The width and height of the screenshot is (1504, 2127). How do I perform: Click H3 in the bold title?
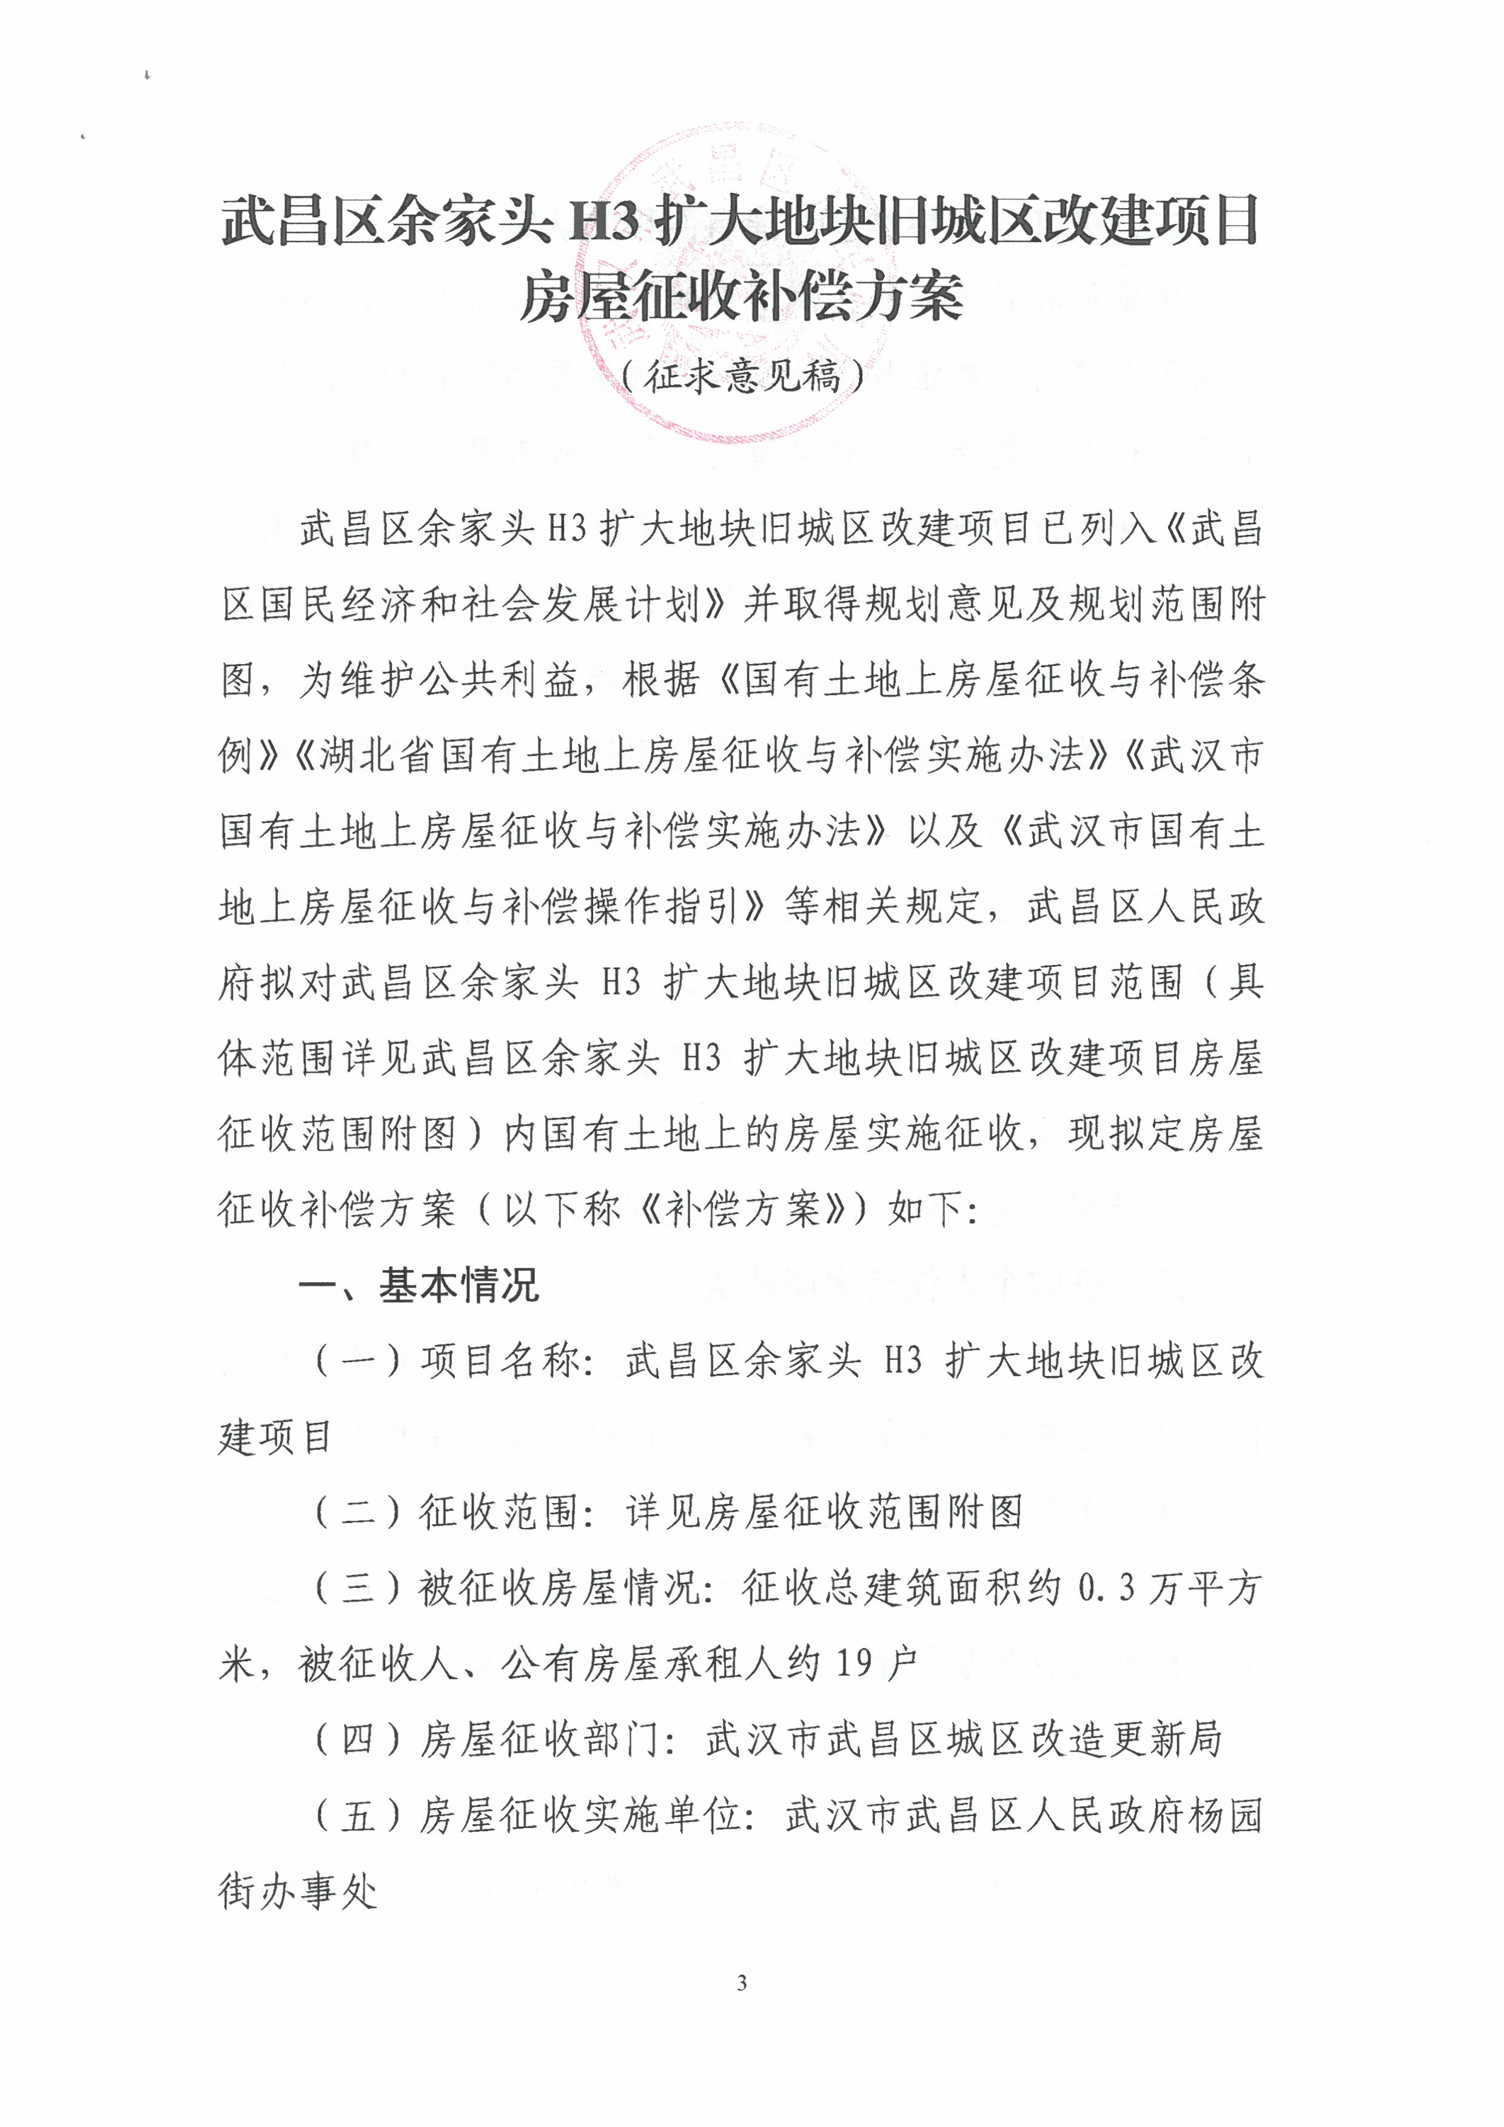(603, 223)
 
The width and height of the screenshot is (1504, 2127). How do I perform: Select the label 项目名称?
(500, 1361)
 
